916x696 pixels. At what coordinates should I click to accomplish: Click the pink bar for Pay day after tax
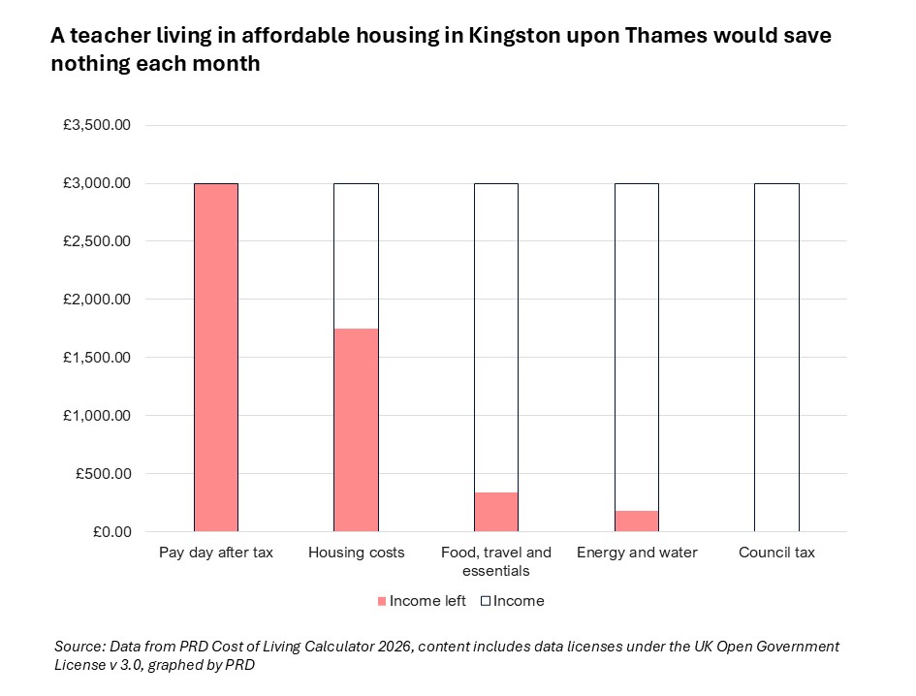(215, 357)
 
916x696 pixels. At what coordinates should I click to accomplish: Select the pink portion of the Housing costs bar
(356, 429)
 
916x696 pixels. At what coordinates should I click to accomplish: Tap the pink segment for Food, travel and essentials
(496, 512)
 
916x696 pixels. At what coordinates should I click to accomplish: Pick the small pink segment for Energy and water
(637, 521)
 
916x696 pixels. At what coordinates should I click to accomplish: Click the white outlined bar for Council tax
(776, 357)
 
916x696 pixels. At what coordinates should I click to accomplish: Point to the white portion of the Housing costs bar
(356, 256)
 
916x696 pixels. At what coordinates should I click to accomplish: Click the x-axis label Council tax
(776, 553)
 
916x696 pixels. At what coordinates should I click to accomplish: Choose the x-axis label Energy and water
(637, 553)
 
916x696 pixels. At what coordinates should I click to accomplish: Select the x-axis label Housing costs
(356, 553)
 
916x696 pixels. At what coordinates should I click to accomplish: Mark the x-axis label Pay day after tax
(215, 553)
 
